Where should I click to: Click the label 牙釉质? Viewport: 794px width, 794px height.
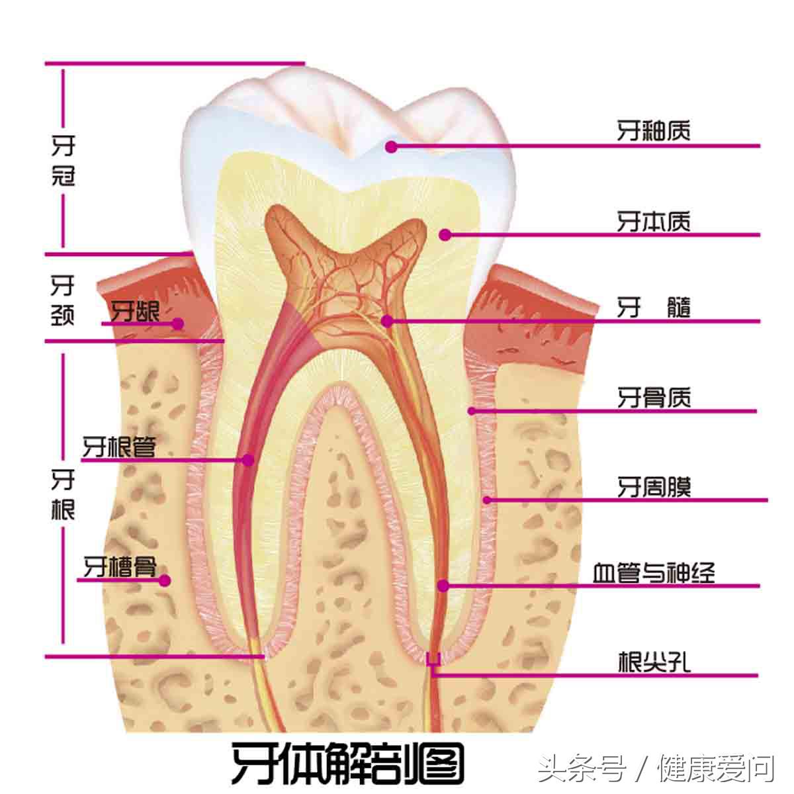point(654,130)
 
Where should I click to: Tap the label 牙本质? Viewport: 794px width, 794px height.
point(654,221)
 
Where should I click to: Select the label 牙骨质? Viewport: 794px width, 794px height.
point(654,398)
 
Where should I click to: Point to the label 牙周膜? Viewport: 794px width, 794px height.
point(654,488)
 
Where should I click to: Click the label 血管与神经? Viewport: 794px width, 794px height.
point(654,572)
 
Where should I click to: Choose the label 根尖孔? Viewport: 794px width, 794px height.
point(654,662)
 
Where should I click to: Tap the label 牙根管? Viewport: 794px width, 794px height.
point(119,447)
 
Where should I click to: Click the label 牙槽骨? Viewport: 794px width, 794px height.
point(120,567)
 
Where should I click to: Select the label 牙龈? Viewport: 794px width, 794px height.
point(135,311)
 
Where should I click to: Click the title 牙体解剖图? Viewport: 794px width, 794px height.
point(347,762)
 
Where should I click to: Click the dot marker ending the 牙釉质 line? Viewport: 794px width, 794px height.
point(392,146)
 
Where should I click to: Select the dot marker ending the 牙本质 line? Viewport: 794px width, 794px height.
point(445,234)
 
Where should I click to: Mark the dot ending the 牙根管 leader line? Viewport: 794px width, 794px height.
point(249,459)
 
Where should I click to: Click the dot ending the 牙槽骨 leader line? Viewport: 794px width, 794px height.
point(165,580)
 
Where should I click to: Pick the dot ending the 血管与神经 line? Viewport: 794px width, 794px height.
point(443,586)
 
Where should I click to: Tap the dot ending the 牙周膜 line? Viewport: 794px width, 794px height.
point(488,500)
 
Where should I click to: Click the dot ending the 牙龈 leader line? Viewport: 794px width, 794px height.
point(177,324)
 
